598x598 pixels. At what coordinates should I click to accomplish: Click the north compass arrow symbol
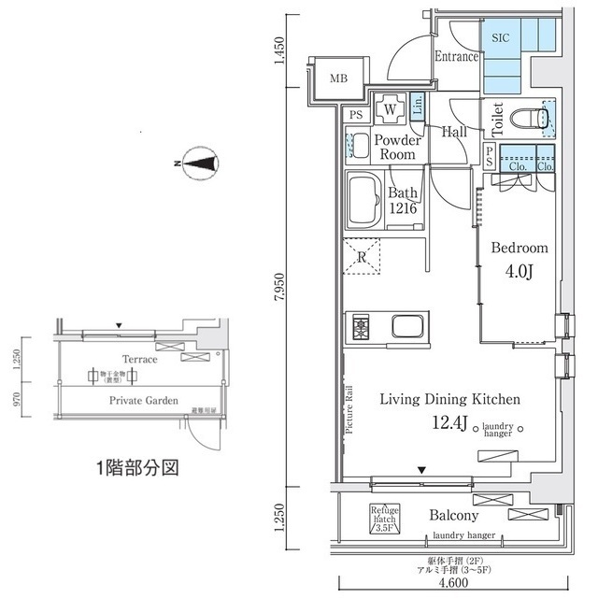pos(198,164)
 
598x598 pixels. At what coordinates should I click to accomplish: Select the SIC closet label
pos(501,39)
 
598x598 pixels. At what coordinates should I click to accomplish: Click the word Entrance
pos(457,56)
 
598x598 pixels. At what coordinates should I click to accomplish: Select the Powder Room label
pos(398,148)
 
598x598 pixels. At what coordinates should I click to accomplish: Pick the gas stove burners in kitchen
pos(361,327)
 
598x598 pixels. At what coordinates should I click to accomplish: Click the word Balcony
pos(454,516)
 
